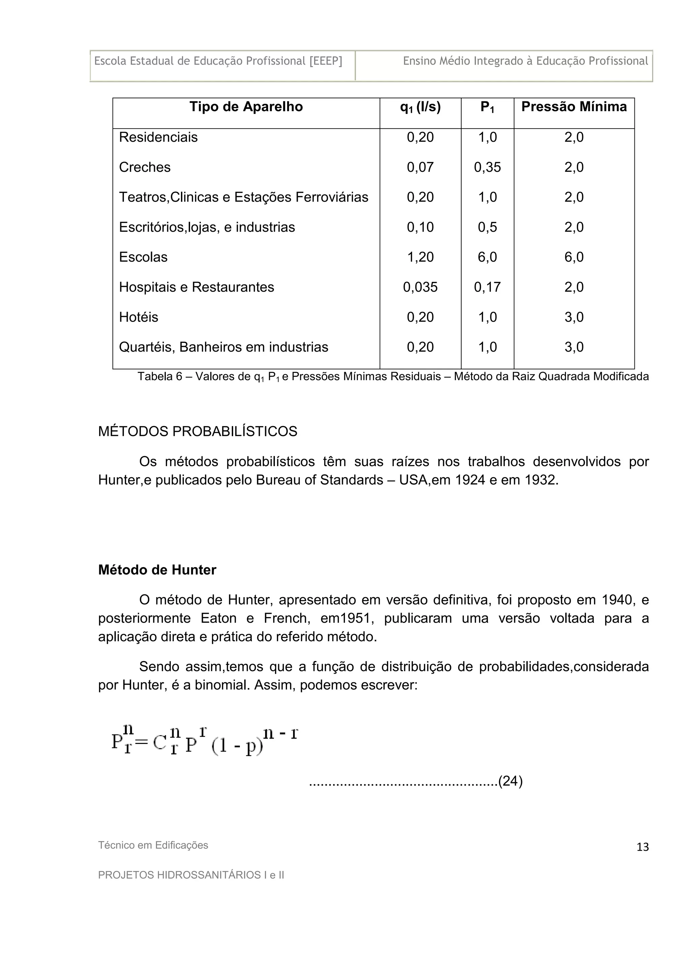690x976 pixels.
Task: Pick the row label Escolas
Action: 143,257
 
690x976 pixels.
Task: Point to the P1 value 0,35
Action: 487,167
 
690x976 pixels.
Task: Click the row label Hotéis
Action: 138,317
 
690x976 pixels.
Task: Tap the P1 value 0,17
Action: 487,287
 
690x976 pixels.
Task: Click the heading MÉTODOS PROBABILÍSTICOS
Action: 197,431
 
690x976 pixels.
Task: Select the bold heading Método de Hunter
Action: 157,570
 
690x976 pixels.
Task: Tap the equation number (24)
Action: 510,781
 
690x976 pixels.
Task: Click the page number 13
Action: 642,847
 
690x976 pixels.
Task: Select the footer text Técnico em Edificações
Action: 153,845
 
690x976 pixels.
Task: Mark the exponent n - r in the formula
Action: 280,733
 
